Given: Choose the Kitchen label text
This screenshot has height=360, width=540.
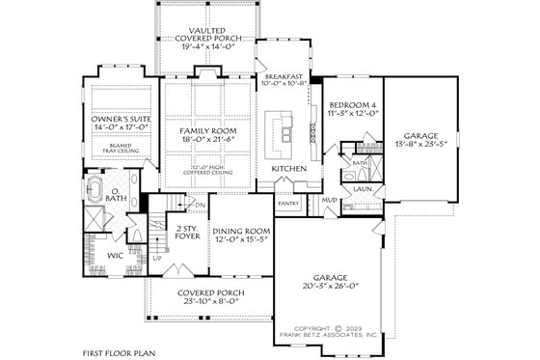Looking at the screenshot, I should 288,167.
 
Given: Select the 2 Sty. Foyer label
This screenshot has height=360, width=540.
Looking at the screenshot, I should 187,232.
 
